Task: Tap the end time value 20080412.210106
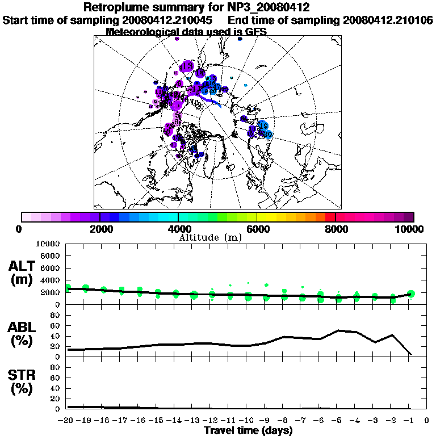[x=388, y=20]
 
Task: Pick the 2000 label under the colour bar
[x=100, y=229]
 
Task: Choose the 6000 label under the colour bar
[x=257, y=229]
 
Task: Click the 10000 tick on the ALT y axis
[x=48, y=244]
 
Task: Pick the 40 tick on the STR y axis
[x=56, y=388]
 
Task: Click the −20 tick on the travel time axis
[x=66, y=421]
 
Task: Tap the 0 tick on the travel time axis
[x=427, y=421]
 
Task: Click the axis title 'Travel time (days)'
[x=248, y=430]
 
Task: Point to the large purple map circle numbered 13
[x=186, y=68]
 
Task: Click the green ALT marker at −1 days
[x=411, y=294]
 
